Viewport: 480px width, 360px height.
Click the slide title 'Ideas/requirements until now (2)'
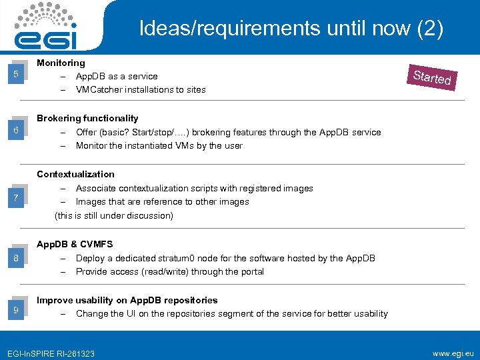(291, 28)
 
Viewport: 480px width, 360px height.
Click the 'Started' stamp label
(432, 77)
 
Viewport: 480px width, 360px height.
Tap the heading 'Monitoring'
(61, 63)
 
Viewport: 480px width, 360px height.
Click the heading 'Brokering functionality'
(87, 118)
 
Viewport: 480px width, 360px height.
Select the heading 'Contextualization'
(75, 174)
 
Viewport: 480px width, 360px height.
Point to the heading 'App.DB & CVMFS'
(75, 245)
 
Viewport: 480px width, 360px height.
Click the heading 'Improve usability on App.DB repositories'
(127, 300)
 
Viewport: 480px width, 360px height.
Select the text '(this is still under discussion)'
(113, 215)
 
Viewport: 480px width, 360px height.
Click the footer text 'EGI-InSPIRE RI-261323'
(50, 353)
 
